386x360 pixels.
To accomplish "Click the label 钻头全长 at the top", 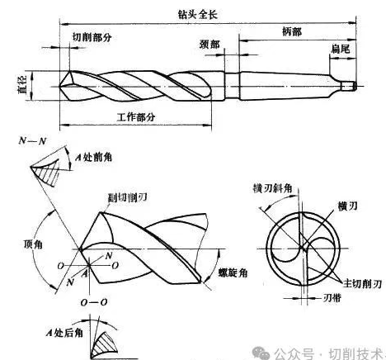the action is coord(198,15).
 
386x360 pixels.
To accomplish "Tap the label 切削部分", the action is coord(92,37).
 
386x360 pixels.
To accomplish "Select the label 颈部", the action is coord(209,44).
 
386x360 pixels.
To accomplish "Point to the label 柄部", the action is coord(292,31).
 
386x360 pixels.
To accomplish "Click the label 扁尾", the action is coord(341,49).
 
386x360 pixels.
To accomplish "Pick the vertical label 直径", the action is coord(22,85).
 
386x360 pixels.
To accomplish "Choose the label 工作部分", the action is coord(136,117).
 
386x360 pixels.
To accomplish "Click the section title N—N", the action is coord(32,141).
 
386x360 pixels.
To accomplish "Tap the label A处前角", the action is coord(94,157).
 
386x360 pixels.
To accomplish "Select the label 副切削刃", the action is coord(127,197).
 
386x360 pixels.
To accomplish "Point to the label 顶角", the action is coord(33,244).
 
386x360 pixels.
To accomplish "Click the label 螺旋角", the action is coord(233,272).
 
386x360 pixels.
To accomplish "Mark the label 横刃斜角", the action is coord(272,188).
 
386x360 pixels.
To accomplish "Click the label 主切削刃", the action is coord(362,283).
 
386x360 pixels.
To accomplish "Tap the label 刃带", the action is coord(332,297).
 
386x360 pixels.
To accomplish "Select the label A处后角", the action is coord(64,333).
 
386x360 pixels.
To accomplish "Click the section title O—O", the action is coord(94,302).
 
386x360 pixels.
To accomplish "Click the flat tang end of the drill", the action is coord(349,86).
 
